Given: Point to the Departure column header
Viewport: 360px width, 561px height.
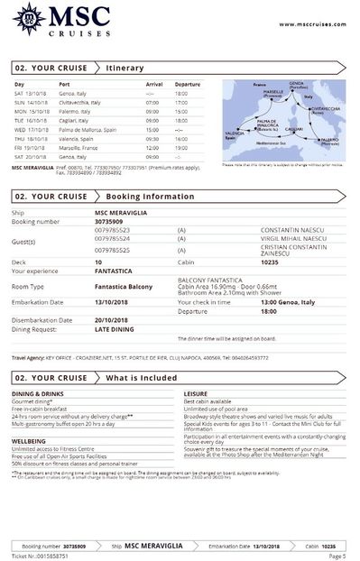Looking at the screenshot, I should click(x=187, y=85).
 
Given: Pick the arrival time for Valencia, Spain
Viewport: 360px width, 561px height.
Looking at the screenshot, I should click(x=153, y=138).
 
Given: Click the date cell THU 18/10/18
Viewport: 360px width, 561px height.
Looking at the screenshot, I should click(x=31, y=138).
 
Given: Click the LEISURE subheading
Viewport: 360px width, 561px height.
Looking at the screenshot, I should click(x=196, y=393).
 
